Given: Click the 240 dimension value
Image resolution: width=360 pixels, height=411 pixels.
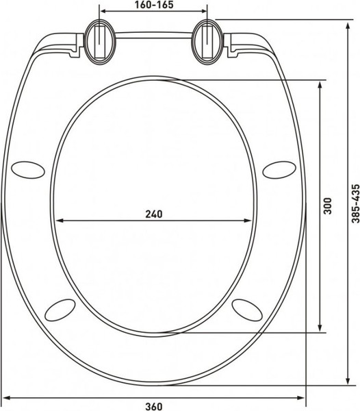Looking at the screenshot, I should coord(153,214).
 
